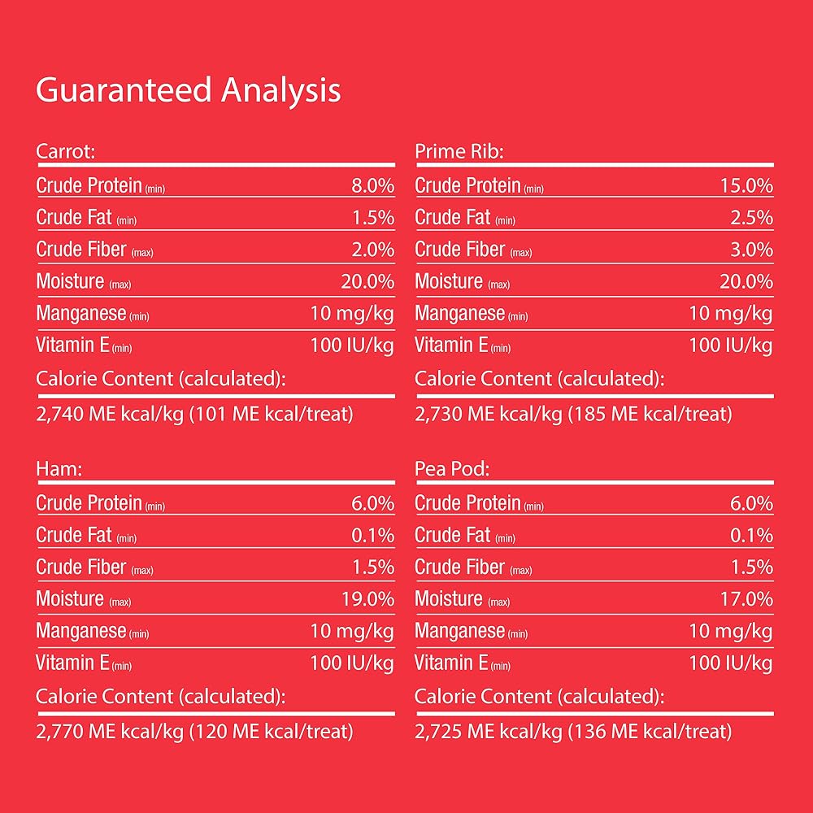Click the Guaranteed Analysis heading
tap(189, 91)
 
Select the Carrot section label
tap(65, 151)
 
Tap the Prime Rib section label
tap(459, 151)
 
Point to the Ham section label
tap(59, 469)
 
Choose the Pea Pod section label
tap(452, 469)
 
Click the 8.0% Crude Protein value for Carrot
tap(373, 185)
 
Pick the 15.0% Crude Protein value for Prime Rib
tap(746, 185)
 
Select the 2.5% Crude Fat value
tap(751, 218)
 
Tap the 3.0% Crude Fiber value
tap(751, 250)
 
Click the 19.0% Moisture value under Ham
tap(367, 599)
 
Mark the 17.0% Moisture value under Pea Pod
tap(746, 599)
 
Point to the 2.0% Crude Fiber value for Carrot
tap(373, 250)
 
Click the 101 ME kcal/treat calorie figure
tap(272, 415)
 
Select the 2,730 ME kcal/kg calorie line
tap(489, 415)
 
